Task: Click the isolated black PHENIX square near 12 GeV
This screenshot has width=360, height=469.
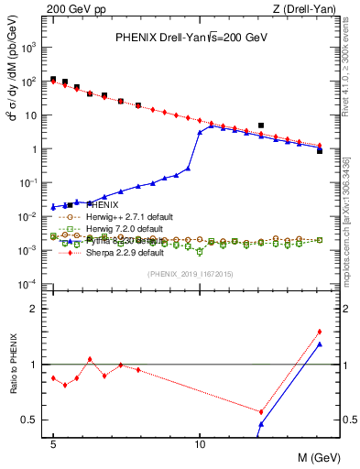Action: coord(261,125)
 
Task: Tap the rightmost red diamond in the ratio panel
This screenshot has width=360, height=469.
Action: coord(320,332)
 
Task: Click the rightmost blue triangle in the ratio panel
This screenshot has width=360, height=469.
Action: coord(320,344)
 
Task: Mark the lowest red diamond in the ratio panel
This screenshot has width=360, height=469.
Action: coord(261,412)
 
